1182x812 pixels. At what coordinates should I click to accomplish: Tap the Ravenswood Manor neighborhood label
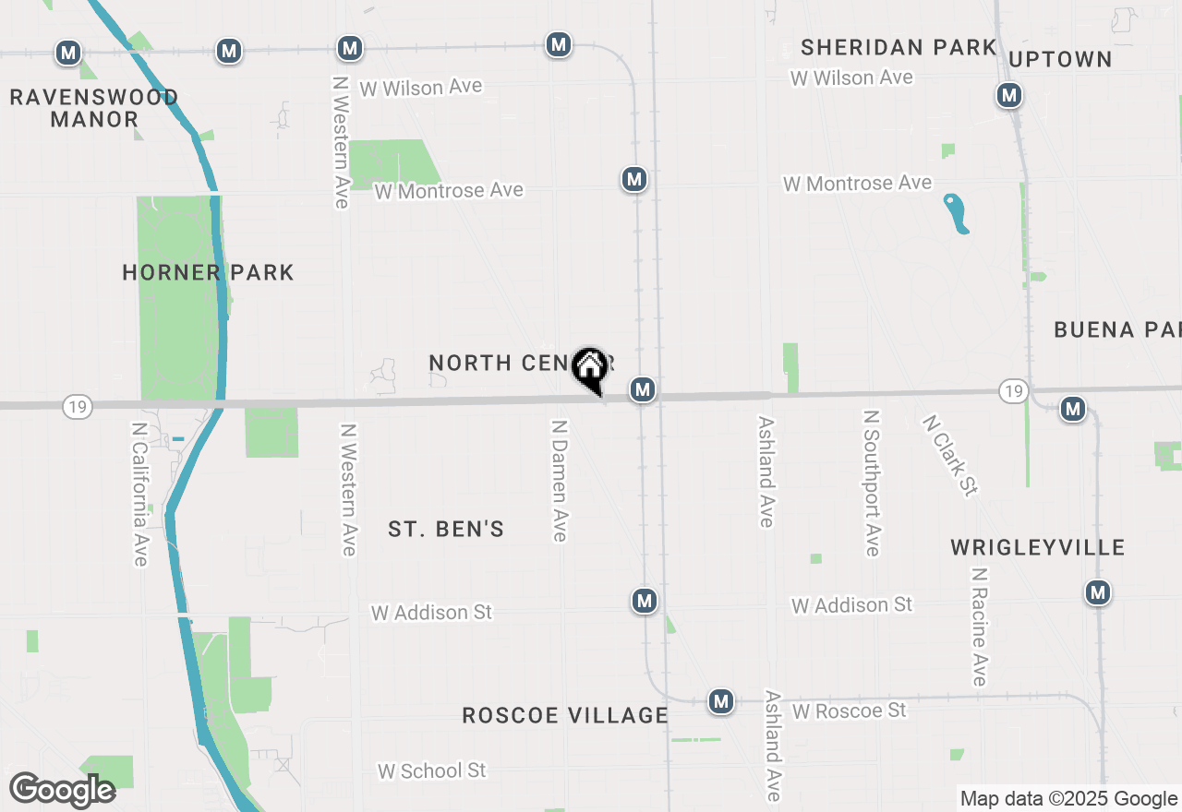point(94,108)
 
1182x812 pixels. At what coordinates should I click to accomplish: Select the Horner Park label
point(208,272)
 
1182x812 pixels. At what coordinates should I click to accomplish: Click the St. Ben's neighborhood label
point(446,529)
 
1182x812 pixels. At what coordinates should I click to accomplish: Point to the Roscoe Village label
point(565,715)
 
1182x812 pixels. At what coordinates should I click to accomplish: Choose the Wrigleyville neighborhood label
point(1038,547)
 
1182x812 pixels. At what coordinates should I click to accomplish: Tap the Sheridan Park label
point(899,47)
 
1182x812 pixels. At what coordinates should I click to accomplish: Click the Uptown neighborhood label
point(1060,60)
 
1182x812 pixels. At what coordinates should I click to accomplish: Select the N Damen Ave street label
point(559,481)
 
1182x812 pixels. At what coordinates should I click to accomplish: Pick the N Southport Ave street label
point(871,484)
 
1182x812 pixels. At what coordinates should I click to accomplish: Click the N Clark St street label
point(949,455)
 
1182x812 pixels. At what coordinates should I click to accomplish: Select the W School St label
point(432,770)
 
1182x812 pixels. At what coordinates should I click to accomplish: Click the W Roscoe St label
point(849,710)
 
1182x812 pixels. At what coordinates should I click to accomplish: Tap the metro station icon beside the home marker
point(643,389)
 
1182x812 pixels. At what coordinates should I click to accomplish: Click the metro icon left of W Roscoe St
point(721,701)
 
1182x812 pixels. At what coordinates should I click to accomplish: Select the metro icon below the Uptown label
point(1009,95)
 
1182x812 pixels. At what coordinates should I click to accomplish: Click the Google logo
point(62,790)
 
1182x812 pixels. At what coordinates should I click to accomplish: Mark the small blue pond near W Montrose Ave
point(956,213)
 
